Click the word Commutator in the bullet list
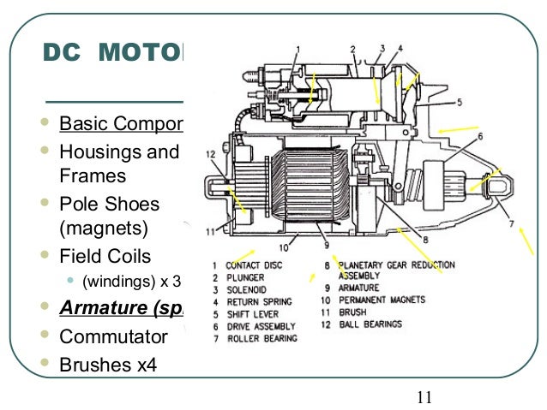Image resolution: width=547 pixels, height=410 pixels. click(x=112, y=336)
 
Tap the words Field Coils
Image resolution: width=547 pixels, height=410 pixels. click(x=105, y=256)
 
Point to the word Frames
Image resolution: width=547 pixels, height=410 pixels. click(x=92, y=176)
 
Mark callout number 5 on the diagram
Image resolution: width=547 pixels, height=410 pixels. click(x=459, y=103)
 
